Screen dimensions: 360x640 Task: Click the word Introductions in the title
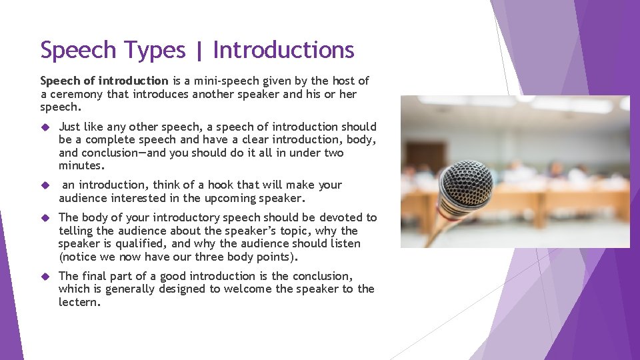click(283, 50)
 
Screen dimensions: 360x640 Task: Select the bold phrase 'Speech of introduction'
click(104, 81)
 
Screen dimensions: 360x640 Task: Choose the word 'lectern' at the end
click(79, 302)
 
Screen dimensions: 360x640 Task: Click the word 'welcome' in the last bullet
click(251, 289)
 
